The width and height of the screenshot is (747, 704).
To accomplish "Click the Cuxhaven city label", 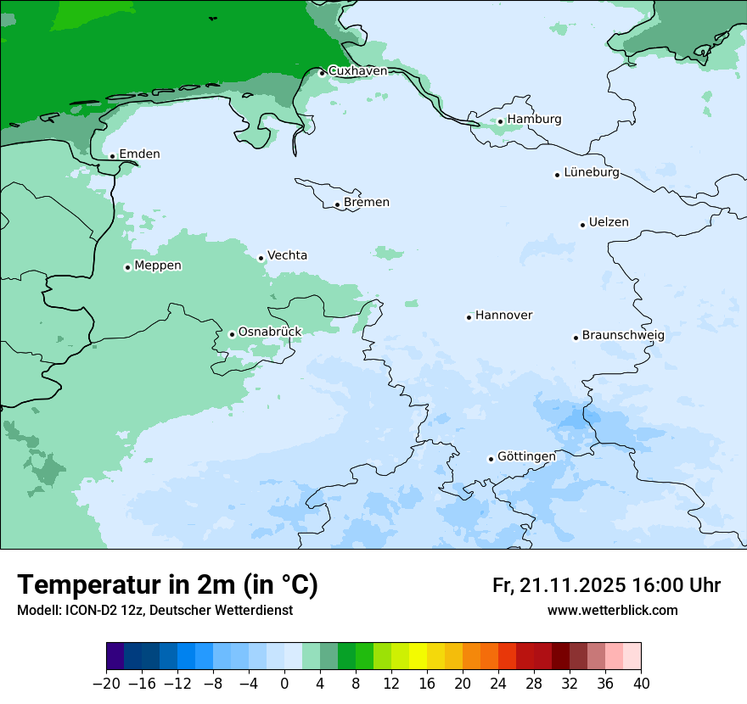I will point(357,71).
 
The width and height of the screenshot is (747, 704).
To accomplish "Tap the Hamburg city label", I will point(534,120).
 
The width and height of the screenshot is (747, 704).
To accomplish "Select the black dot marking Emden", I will point(112,156).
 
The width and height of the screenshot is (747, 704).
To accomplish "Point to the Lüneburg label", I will point(591,173).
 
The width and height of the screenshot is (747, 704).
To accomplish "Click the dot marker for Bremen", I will point(337,204).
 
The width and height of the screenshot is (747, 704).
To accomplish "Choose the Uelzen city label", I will point(609,223).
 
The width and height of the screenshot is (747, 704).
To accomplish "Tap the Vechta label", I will point(287,256).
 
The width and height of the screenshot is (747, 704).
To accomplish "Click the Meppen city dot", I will point(127,267).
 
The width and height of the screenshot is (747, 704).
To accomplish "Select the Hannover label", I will point(503,316).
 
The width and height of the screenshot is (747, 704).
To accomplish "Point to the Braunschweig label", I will point(622,336).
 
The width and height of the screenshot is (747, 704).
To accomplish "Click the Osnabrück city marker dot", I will point(232,334).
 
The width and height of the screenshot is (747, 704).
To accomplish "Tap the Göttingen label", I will point(526,457).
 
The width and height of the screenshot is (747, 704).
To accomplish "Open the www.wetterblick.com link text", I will point(612,611).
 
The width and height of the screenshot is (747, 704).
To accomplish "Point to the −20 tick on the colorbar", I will point(106,684).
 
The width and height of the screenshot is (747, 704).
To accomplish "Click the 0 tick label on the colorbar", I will point(284,684).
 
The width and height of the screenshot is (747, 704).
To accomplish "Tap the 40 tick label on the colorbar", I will point(641,684).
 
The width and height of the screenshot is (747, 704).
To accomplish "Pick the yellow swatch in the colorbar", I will point(418,657).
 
